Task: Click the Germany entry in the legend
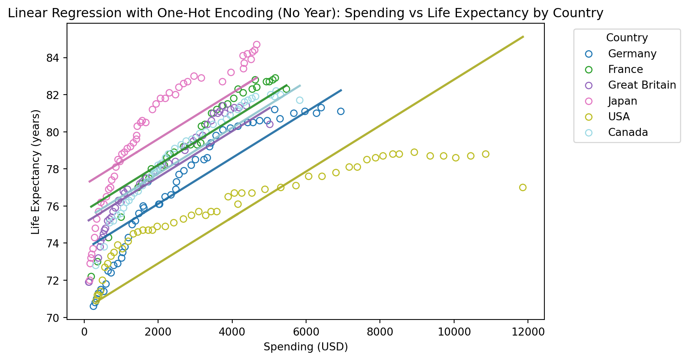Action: [x=632, y=54]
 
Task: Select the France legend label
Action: [x=625, y=69]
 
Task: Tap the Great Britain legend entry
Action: [x=642, y=85]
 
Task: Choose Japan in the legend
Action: [x=623, y=101]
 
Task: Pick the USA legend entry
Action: [x=619, y=117]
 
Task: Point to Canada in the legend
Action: [x=628, y=132]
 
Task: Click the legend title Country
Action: [x=627, y=38]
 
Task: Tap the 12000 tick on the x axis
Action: [x=528, y=332]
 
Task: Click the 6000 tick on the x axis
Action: [x=306, y=332]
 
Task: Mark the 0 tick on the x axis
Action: [x=84, y=332]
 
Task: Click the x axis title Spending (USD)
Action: [x=306, y=347]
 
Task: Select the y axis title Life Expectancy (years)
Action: [x=36, y=172]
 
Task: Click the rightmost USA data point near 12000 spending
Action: [x=523, y=188]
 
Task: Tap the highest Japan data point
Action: [x=257, y=44]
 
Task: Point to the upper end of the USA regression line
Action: [x=523, y=36]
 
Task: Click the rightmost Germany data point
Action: [x=341, y=111]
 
